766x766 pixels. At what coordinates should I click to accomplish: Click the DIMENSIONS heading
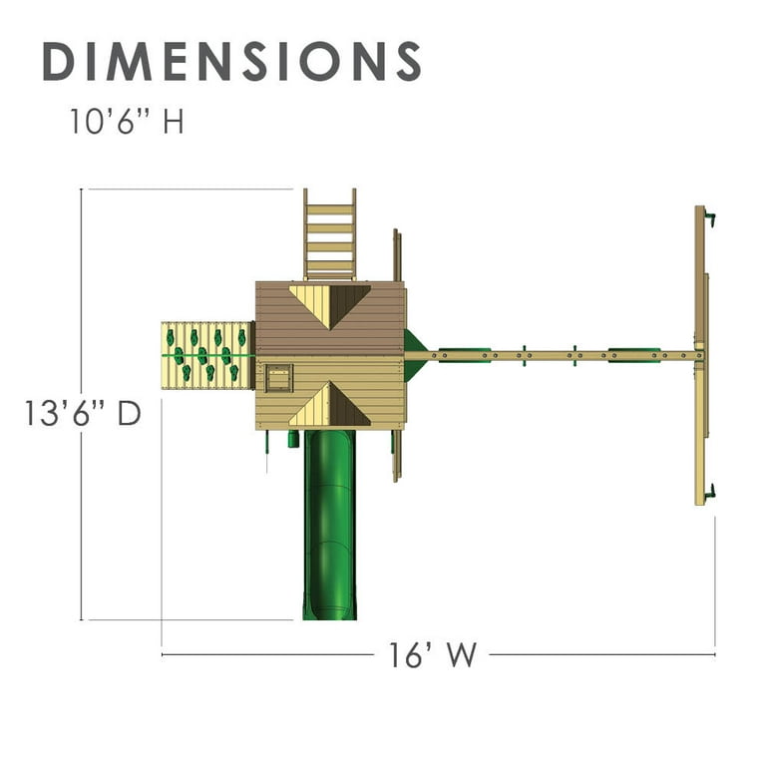(x=231, y=61)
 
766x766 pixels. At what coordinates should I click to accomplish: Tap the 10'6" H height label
(x=127, y=121)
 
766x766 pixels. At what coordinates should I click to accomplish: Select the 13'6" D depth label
(x=83, y=413)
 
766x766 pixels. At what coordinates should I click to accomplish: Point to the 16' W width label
(x=432, y=654)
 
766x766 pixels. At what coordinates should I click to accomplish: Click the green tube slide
(x=330, y=526)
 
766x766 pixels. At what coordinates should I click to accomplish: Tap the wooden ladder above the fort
(x=330, y=234)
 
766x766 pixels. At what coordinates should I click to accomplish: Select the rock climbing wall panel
(x=207, y=355)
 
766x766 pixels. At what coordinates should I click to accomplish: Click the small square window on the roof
(x=278, y=378)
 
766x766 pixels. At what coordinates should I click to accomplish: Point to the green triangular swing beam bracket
(x=416, y=355)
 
